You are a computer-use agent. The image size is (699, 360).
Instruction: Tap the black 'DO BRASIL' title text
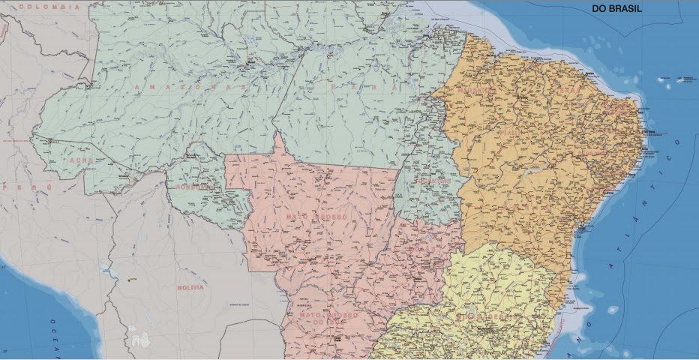click(x=617, y=9)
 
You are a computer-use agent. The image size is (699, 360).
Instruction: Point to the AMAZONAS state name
click(x=191, y=87)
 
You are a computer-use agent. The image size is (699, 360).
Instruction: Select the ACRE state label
click(x=80, y=160)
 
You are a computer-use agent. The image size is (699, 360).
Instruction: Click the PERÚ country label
click(x=26, y=186)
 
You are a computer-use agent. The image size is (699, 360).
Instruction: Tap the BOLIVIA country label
click(x=190, y=287)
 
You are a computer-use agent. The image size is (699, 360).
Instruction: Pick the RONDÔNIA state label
click(x=196, y=187)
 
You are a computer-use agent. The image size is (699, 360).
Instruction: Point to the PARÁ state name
click(x=364, y=87)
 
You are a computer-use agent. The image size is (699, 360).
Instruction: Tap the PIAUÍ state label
click(x=510, y=133)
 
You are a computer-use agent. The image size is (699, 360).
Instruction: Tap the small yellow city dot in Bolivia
click(x=130, y=280)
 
